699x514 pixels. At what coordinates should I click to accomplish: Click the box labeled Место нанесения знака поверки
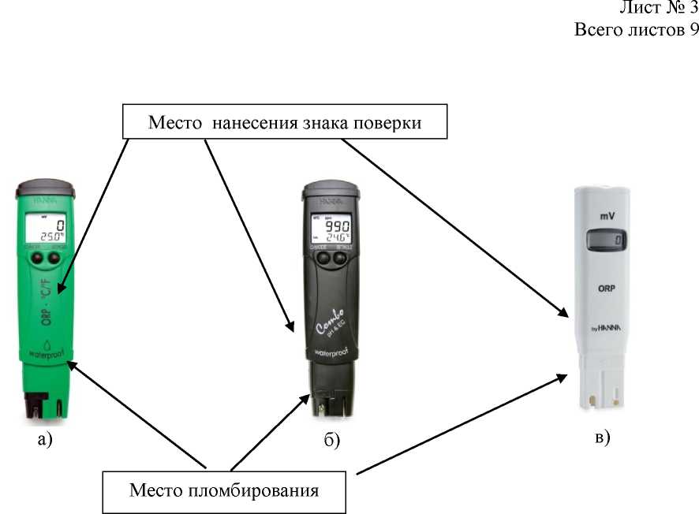click(283, 123)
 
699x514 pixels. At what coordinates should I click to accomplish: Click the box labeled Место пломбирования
click(224, 490)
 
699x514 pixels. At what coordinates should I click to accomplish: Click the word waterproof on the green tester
click(45, 356)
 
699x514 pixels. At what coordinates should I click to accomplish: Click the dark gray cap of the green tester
click(47, 190)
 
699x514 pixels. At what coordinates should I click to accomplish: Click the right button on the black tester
click(342, 258)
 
